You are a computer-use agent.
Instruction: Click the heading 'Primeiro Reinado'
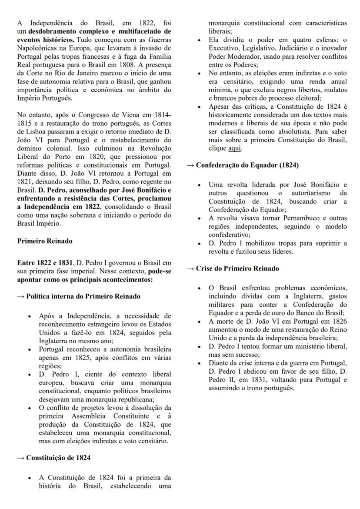[x=44, y=241]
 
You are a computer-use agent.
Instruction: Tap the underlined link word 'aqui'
[x=235, y=148]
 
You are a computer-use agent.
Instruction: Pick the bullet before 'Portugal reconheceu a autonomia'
[x=29, y=349]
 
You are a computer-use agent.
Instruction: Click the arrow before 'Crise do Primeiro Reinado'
[x=190, y=268]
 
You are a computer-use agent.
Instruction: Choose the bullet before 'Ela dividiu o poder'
[x=199, y=40]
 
